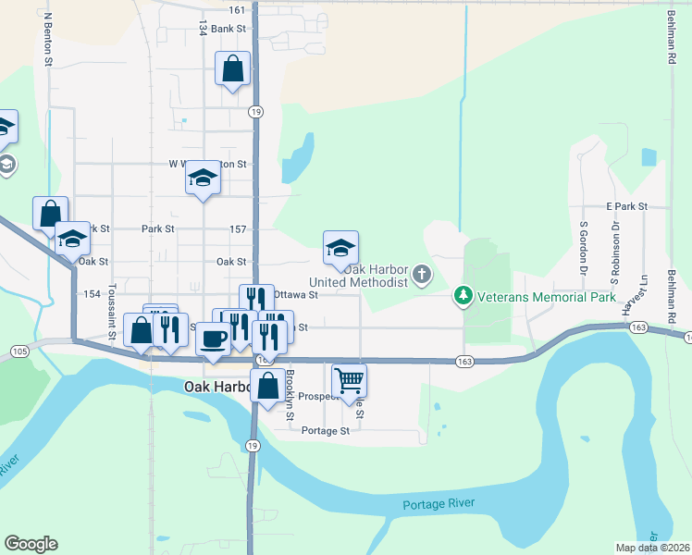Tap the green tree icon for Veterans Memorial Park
pos(463,297)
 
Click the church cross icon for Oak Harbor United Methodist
pos(422,273)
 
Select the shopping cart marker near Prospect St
pos(349,379)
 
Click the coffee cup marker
pos(213,339)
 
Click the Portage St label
pos(326,431)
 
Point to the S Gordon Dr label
pos(584,247)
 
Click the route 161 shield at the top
pos(237,10)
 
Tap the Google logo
pos(31,544)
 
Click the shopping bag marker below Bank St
pos(232,68)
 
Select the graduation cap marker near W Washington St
pos(202,179)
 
